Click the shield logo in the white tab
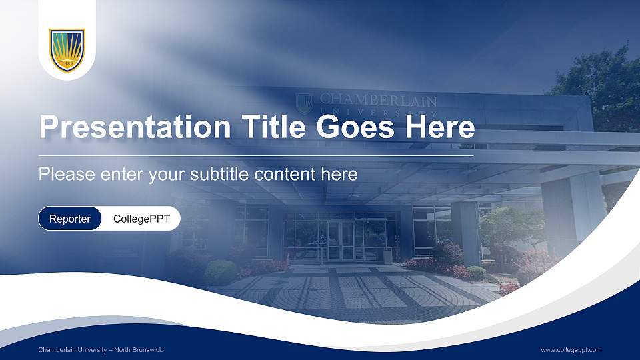[67, 50]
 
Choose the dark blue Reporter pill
[70, 219]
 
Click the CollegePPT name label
[141, 219]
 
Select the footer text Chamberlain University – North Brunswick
[100, 350]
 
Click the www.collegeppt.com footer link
[571, 350]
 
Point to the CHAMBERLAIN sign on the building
[378, 101]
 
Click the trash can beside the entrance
[388, 255]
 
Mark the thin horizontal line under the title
[257, 155]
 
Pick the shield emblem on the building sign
[304, 103]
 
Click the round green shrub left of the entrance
[220, 272]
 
